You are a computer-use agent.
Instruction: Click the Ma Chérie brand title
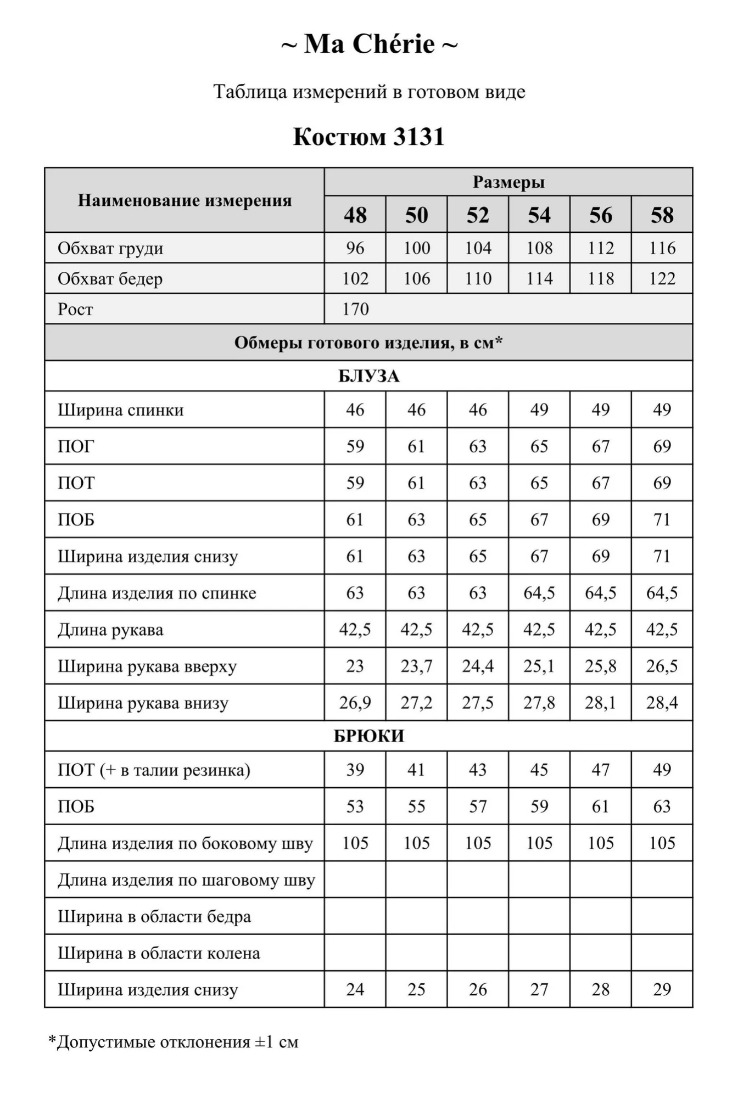coord(368,44)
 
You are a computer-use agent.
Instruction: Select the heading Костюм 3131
coord(368,137)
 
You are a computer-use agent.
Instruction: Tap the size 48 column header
coord(355,215)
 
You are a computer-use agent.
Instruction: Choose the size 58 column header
coord(662,215)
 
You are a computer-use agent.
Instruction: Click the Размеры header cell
coord(508,182)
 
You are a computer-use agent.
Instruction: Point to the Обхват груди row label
coord(110,248)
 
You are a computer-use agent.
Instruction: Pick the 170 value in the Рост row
coord(355,309)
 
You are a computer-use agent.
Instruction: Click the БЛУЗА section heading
coord(368,376)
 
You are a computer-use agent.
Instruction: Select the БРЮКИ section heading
coord(368,736)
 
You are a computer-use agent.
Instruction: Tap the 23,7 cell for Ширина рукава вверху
coord(416,666)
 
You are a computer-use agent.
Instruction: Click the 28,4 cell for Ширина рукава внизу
coord(662,702)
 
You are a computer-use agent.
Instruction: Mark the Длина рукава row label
coord(110,630)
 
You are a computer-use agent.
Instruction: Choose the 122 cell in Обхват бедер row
coord(662,278)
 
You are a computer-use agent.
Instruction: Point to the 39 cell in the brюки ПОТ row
coord(355,770)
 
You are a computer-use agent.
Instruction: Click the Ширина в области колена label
coord(159,953)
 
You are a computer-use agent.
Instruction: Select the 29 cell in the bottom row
coord(662,989)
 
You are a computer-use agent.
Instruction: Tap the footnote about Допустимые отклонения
coord(174,1041)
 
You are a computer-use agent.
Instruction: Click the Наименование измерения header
coord(185,200)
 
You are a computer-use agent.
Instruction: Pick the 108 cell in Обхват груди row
coord(539,248)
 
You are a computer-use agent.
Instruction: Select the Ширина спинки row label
coord(121,410)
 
